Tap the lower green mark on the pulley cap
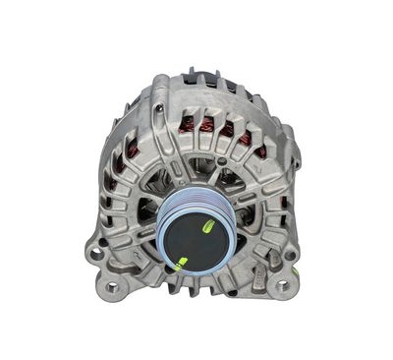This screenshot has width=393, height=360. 181,262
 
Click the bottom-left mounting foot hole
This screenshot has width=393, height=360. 111,288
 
